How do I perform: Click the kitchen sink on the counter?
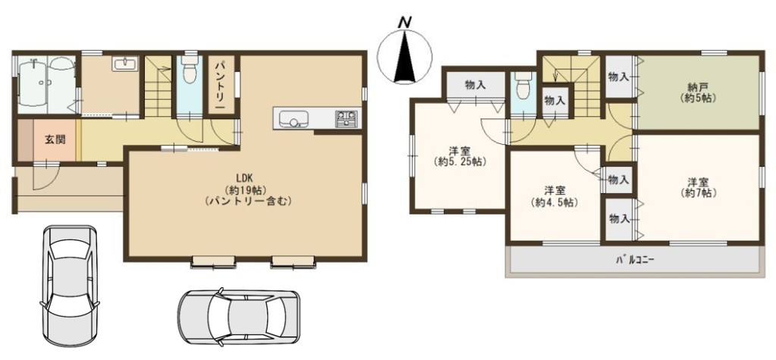click(293, 119)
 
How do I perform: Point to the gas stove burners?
click(346, 118)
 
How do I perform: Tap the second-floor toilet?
click(522, 86)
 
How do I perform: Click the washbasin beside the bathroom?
click(125, 64)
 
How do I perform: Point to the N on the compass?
click(405, 22)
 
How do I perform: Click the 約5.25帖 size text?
click(458, 161)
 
